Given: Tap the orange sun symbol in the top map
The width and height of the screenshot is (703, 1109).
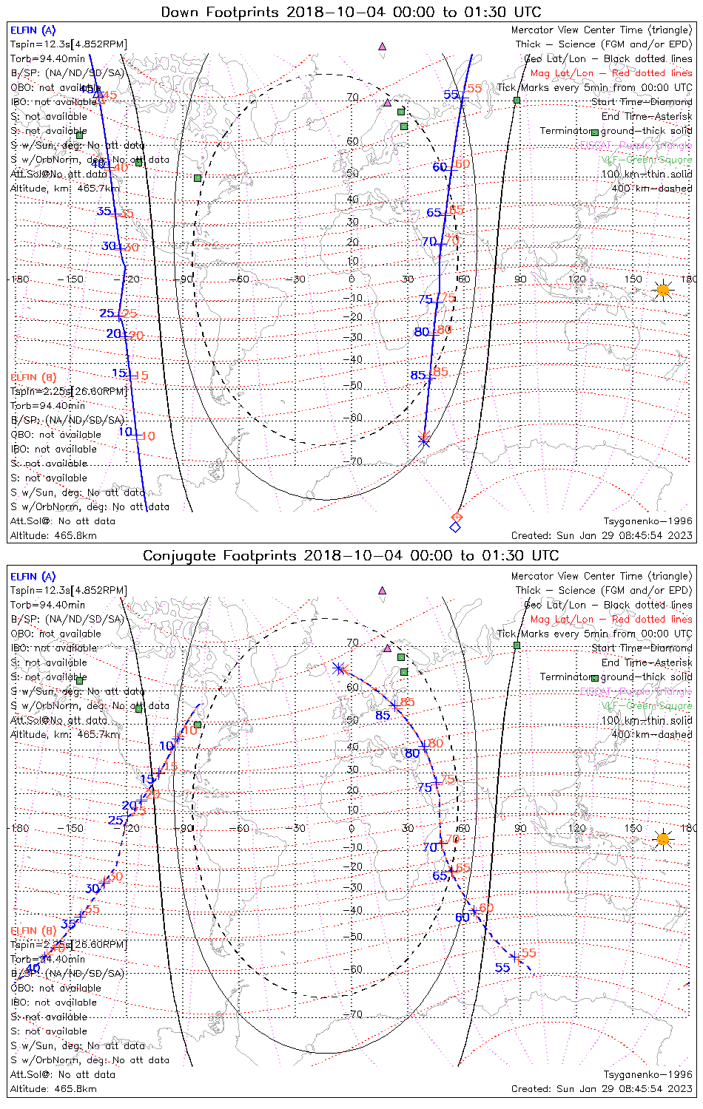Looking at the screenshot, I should click(x=662, y=290).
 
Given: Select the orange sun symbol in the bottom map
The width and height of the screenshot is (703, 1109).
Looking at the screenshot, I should click(x=662, y=838).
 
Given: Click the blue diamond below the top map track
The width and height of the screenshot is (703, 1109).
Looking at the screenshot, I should click(x=455, y=527).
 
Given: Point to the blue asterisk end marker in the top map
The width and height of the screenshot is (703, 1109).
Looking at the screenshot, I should click(x=424, y=441).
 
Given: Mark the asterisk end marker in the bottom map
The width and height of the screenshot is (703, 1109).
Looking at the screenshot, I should click(x=339, y=668).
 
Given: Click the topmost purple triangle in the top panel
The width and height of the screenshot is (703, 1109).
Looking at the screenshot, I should click(x=382, y=46).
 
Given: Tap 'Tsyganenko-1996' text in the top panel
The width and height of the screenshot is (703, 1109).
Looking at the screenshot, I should click(x=647, y=521).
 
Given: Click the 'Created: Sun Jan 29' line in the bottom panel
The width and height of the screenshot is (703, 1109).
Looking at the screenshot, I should click(x=602, y=1088).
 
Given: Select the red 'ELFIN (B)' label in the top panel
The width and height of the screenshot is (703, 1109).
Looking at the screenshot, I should click(x=33, y=377).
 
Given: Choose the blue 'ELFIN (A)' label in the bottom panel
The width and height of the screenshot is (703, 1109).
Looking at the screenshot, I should click(x=33, y=577).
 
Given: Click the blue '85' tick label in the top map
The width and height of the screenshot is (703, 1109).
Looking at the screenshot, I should click(x=417, y=376).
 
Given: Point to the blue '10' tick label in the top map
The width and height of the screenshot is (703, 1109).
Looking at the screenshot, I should click(x=125, y=432).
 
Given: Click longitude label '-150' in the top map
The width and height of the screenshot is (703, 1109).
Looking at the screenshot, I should click(x=74, y=279).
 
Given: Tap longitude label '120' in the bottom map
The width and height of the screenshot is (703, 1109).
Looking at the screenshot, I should click(x=576, y=827).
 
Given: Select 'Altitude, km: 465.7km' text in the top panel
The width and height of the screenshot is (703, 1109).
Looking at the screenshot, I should click(x=64, y=189).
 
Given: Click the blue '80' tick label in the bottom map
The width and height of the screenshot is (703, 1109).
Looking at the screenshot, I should click(x=411, y=753).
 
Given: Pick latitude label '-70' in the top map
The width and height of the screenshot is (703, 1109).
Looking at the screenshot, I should click(x=355, y=462).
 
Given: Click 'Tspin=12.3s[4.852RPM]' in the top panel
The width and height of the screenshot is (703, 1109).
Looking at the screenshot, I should click(x=68, y=44).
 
